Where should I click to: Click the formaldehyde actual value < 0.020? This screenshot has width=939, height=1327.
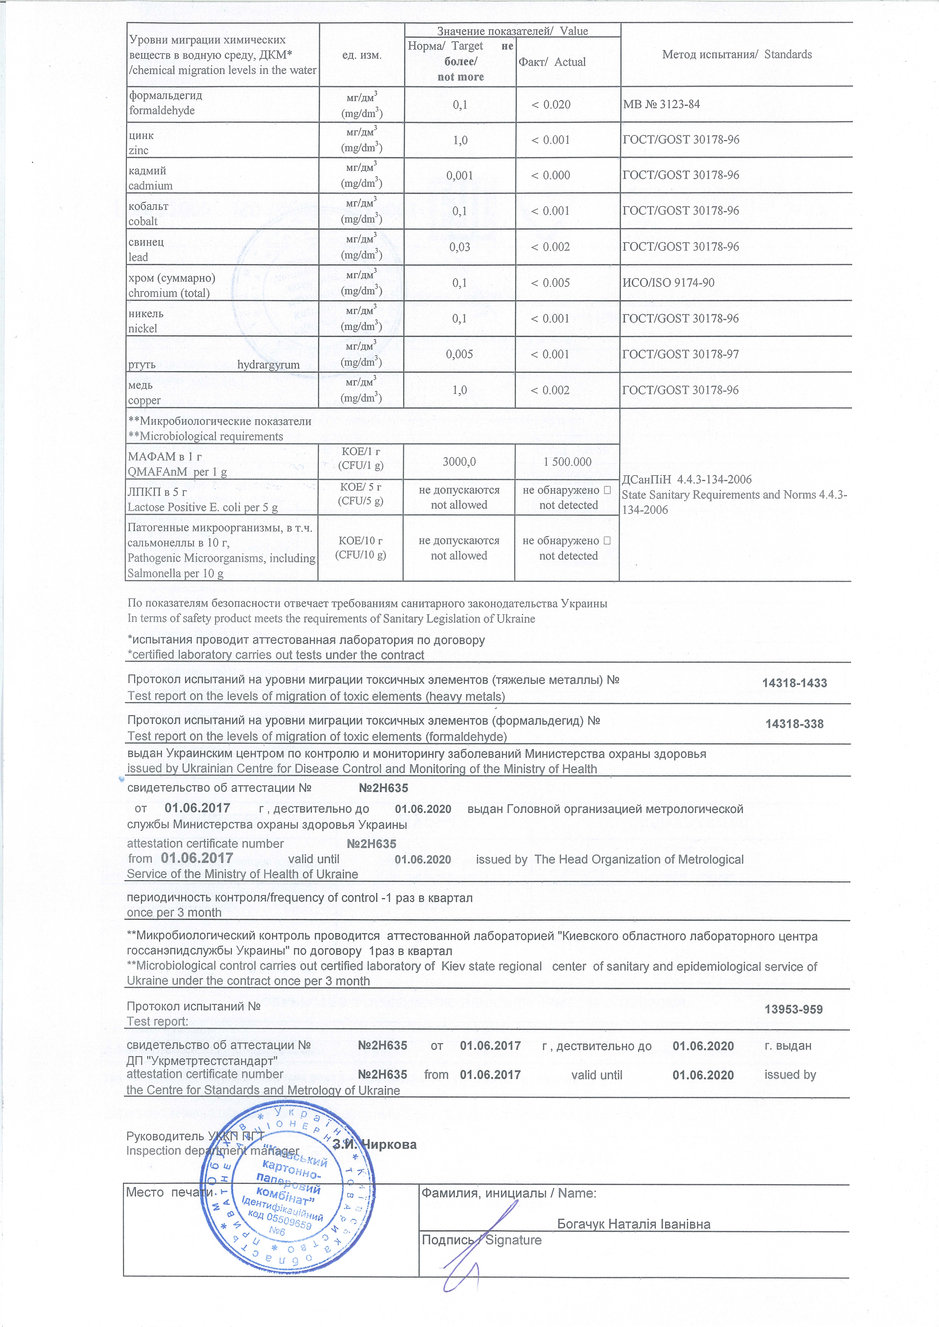tap(550, 105)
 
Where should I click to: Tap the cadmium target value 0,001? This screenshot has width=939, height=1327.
tap(460, 175)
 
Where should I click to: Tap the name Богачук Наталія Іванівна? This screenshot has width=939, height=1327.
tap(634, 1224)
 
